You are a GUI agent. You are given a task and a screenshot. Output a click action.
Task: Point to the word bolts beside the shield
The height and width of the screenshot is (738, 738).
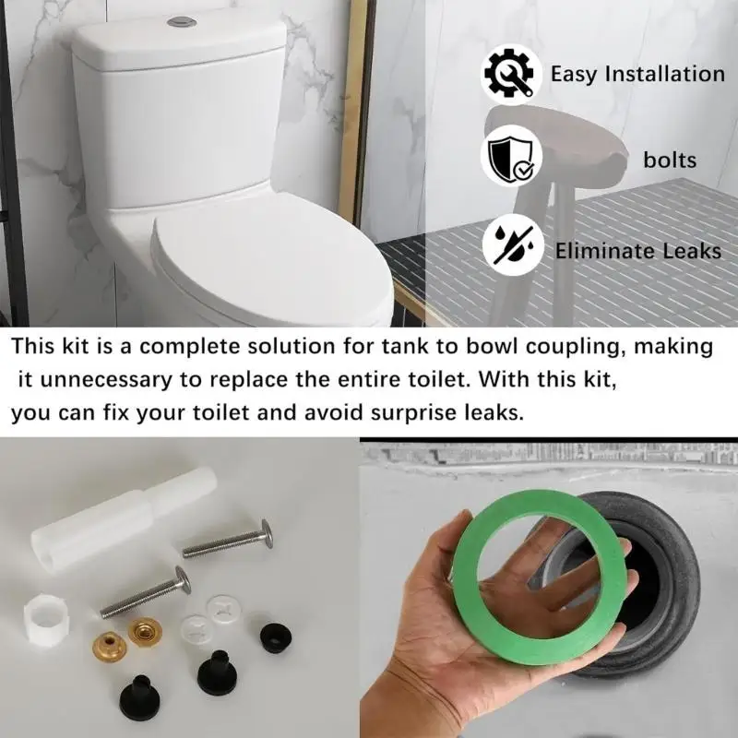(x=670, y=161)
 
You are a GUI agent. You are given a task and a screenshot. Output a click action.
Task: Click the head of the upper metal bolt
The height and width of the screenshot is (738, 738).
(x=267, y=532)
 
